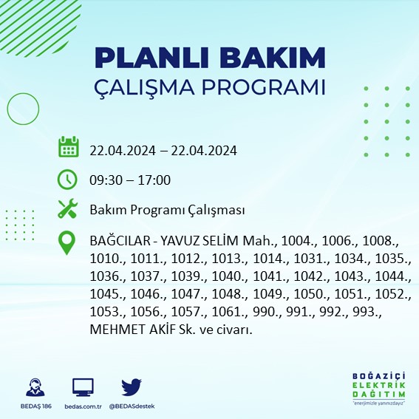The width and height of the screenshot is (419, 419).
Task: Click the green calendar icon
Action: pos(68,147)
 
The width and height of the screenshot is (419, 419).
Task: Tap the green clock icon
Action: pos(68,179)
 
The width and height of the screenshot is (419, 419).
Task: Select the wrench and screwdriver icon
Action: pos(68,210)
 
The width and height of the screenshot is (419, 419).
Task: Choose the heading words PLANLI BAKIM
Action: pos(210,57)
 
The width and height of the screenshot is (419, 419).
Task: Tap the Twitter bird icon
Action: pos(131,386)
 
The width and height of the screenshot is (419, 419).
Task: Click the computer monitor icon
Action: pos(83,386)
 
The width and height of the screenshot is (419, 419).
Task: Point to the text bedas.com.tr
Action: pos(83,406)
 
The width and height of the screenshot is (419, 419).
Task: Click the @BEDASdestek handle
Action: pos(132,406)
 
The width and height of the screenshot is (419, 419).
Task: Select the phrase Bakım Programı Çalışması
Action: pos(167,211)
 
